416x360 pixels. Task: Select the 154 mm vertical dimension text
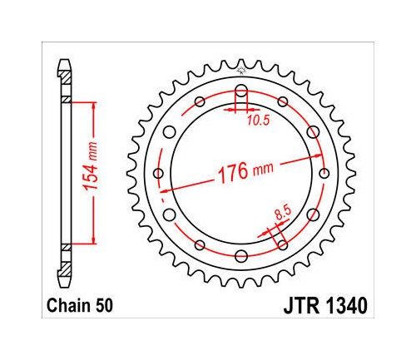pos(92,166)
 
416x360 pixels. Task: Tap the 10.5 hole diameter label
pos(259,121)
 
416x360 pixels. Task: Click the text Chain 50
pos(80,306)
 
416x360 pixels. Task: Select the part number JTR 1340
pos(325,306)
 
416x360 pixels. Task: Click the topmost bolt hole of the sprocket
pos(241,91)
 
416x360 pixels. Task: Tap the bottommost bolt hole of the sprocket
pos(241,256)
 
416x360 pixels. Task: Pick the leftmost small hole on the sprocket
pos(158,174)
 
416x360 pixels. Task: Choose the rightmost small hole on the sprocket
pos(324,174)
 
